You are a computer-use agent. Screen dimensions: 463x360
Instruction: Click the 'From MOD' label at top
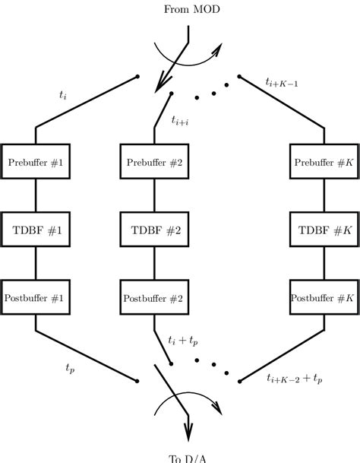pyautogui.click(x=186, y=9)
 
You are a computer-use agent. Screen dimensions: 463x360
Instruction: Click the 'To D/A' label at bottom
pyautogui.click(x=187, y=457)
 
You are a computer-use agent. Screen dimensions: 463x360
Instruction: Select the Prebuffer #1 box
pyautogui.click(x=36, y=161)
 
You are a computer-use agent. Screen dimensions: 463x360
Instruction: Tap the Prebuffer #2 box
pyautogui.click(x=155, y=161)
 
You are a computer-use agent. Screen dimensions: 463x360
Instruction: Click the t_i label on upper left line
pyautogui.click(x=63, y=96)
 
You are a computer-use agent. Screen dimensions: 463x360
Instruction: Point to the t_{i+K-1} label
pyautogui.click(x=282, y=81)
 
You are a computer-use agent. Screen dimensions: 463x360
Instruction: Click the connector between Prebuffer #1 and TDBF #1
pyautogui.click(x=36, y=194)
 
